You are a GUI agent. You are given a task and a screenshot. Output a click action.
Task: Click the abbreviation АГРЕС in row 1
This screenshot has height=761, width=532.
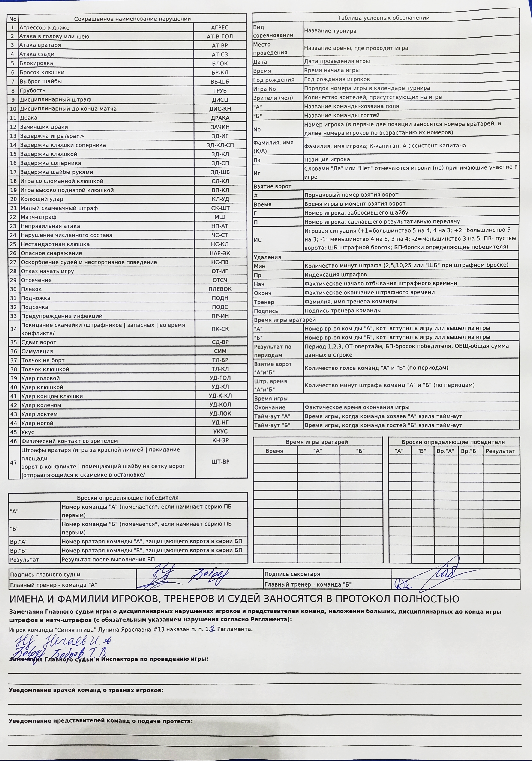click(x=220, y=27)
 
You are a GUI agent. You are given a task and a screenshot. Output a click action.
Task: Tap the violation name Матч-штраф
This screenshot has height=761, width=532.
click(x=38, y=217)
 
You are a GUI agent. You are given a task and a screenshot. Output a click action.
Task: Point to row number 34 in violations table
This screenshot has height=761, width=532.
click(x=13, y=329)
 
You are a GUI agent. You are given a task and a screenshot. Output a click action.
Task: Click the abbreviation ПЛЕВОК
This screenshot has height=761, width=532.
click(x=220, y=289)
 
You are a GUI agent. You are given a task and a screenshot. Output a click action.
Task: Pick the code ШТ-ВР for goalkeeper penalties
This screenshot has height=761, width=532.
click(x=220, y=462)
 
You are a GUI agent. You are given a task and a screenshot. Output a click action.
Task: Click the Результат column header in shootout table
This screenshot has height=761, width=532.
click(x=500, y=451)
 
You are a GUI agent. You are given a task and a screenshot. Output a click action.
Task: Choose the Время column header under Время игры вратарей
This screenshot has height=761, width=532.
click(x=274, y=451)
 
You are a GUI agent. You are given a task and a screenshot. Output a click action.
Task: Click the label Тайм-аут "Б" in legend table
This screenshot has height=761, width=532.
click(x=272, y=425)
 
